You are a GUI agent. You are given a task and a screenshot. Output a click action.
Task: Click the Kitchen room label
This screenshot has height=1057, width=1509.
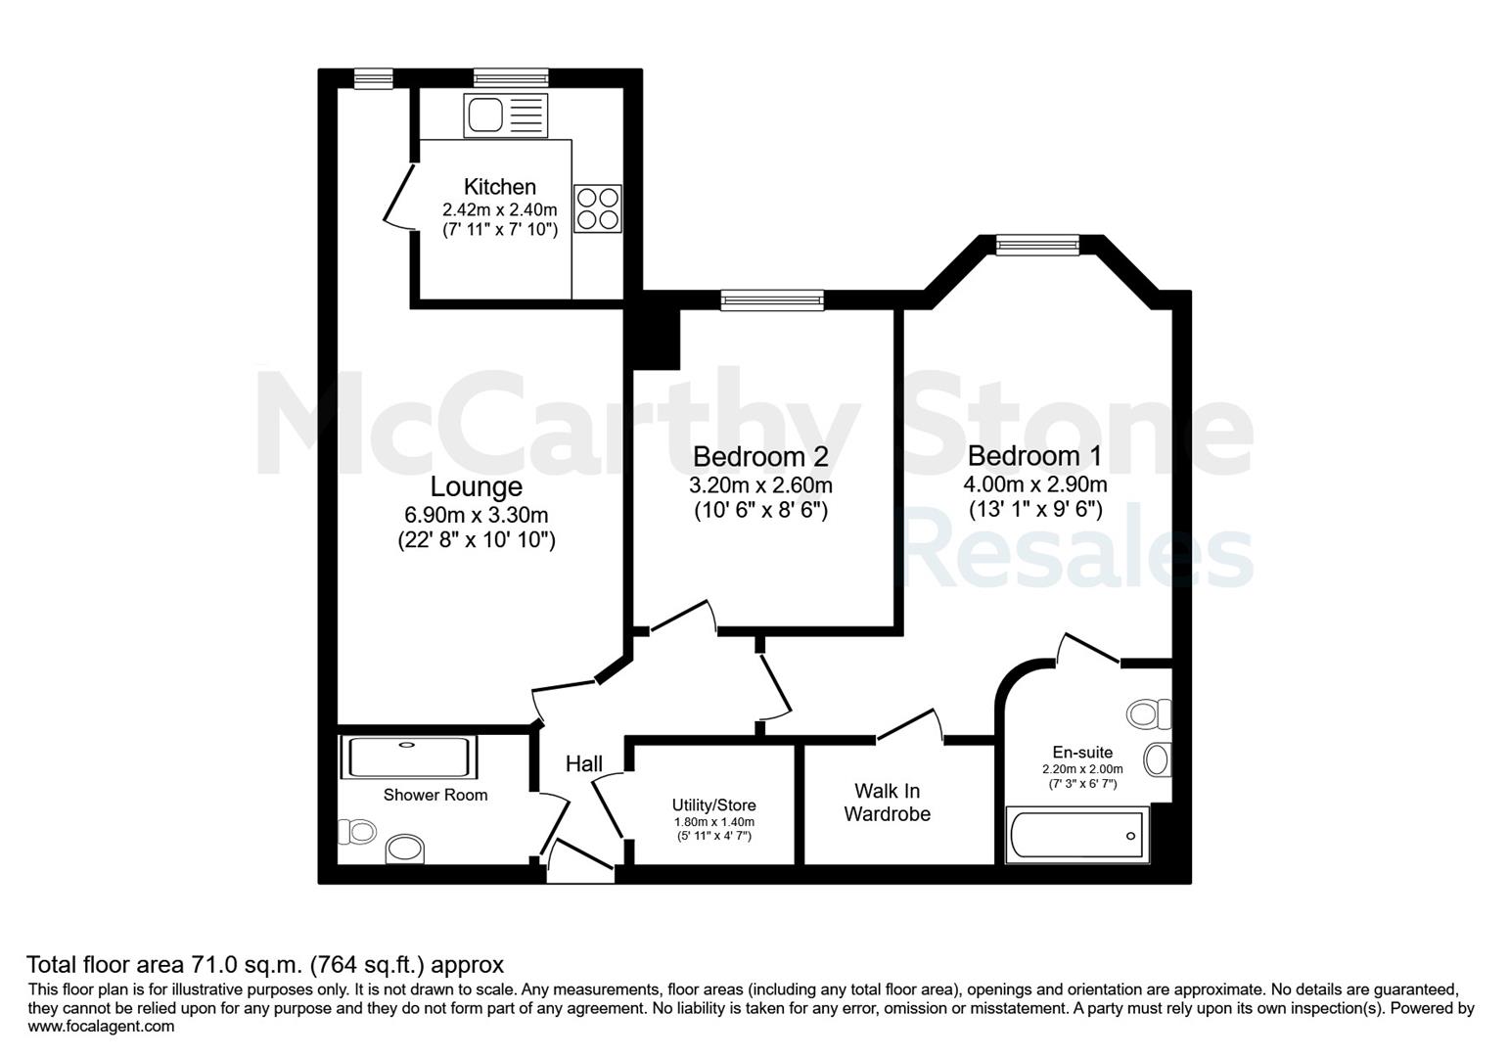tap(500, 187)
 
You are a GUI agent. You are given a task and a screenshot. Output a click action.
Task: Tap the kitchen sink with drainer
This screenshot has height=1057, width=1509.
tap(506, 115)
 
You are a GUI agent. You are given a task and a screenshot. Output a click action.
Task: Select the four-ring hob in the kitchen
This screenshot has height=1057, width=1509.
tap(598, 208)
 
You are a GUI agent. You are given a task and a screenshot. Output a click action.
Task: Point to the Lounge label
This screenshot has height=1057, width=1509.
tap(477, 487)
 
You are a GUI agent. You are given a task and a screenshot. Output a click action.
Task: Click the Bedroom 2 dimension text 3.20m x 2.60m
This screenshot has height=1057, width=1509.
tap(760, 485)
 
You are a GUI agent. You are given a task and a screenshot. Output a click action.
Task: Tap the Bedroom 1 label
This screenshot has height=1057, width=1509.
tap(1034, 456)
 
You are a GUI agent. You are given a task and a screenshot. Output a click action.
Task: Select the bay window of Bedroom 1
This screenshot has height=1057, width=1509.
tap(1037, 245)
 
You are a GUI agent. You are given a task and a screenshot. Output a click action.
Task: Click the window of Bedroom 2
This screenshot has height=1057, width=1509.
tap(772, 299)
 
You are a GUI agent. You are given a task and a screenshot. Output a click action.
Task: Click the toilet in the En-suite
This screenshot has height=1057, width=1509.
tap(1149, 713)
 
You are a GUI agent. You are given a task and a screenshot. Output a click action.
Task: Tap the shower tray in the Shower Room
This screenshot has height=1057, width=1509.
tap(409, 758)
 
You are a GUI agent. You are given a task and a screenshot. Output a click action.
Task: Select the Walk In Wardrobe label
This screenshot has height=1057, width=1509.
tap(888, 803)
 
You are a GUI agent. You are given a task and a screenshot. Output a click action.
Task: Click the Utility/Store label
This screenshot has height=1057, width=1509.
tap(714, 805)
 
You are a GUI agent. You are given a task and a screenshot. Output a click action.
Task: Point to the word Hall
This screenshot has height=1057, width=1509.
tap(584, 763)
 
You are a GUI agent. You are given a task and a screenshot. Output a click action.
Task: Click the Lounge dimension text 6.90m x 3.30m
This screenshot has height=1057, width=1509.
tap(477, 516)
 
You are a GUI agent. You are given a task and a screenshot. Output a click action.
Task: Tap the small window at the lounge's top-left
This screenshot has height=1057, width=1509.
tap(373, 78)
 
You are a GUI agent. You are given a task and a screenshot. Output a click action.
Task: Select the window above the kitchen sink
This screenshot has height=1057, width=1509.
tap(511, 78)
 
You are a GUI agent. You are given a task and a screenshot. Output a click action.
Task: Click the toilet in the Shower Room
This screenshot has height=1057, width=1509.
tap(356, 831)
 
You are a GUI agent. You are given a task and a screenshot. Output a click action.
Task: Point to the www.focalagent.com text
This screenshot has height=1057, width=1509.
tap(101, 1027)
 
